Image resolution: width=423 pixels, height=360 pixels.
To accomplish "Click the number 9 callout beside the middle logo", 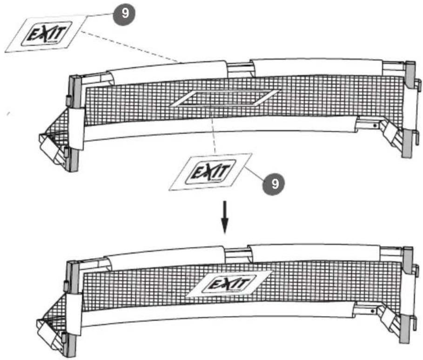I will tap(275, 183).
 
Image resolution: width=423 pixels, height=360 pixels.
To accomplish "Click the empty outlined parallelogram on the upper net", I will tap(226, 98).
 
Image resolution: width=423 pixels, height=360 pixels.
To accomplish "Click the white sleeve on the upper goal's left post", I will tap(77, 128).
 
